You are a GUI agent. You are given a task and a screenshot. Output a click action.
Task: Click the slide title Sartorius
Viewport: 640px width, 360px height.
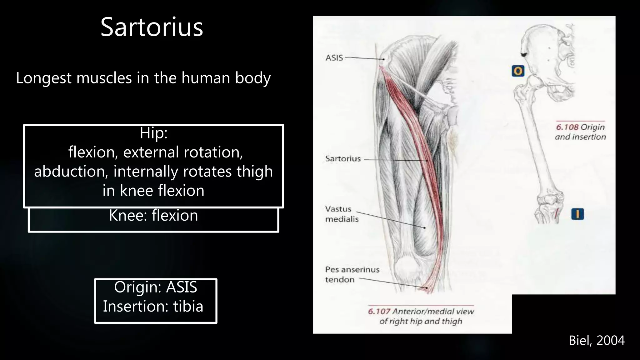152,27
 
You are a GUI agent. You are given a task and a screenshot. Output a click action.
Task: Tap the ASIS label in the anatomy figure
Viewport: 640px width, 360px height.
334,58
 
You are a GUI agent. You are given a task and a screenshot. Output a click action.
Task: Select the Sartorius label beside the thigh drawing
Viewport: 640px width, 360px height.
343,159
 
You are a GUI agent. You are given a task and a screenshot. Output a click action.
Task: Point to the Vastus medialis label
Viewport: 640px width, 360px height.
342,214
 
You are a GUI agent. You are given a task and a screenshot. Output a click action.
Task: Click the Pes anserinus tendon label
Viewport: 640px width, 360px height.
352,274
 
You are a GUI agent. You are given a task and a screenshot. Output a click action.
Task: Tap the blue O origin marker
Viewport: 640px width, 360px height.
518,71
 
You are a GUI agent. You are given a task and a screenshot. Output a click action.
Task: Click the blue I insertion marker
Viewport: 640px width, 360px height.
577,214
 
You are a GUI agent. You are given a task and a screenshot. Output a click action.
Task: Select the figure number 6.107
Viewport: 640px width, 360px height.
379,311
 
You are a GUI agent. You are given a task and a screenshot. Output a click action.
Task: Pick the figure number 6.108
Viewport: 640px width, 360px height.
567,127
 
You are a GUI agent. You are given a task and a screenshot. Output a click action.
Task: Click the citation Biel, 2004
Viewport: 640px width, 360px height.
596,341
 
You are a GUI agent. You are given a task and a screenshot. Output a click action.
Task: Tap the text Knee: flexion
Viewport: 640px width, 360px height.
153,216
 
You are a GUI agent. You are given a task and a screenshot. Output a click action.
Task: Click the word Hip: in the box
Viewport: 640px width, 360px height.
153,133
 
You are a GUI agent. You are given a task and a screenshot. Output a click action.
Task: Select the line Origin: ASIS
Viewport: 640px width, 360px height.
155,287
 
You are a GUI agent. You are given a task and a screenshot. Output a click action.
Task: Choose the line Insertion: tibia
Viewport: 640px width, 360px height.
153,306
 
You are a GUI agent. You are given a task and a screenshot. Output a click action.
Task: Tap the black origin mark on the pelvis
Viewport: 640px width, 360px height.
524,55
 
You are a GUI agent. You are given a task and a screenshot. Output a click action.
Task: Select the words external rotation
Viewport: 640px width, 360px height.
183,152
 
